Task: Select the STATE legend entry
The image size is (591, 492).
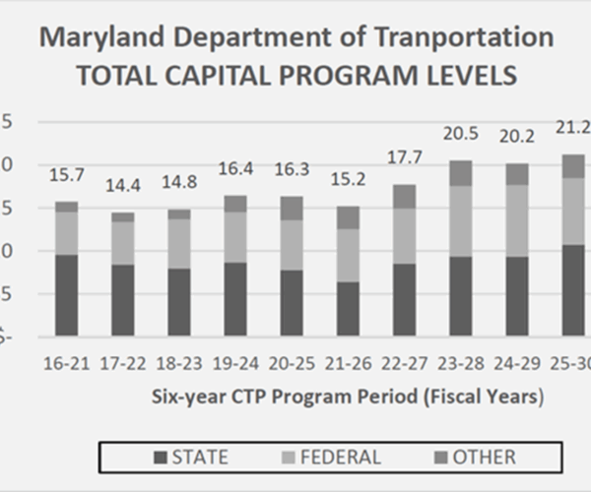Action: click(x=191, y=457)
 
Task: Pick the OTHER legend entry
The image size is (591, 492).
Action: click(x=473, y=457)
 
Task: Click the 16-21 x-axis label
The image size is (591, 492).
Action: click(x=66, y=363)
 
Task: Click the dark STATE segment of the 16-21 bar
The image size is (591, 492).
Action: click(x=66, y=295)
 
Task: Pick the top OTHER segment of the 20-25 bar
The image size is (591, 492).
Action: click(x=292, y=208)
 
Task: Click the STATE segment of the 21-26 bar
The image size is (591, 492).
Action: click(x=348, y=309)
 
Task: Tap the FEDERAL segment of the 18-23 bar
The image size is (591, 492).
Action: click(x=178, y=243)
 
